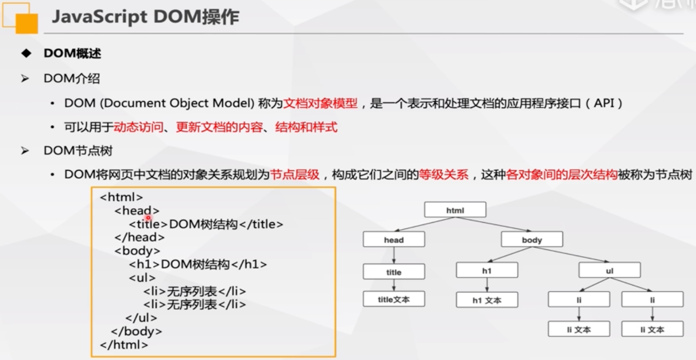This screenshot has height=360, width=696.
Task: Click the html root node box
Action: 455,210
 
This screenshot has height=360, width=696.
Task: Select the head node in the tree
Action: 394,239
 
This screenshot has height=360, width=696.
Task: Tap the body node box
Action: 532,239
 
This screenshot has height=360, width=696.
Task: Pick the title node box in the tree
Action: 394,272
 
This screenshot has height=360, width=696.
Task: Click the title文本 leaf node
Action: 394,299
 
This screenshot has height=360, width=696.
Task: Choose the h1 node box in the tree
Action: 487,270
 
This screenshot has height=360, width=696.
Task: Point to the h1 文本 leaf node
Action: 487,300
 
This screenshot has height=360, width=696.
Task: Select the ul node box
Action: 609,270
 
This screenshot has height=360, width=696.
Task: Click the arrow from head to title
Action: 394,255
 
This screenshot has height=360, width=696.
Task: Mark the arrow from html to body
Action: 493,224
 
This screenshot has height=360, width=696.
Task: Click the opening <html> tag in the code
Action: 121,197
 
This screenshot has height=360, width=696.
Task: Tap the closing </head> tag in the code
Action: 139,237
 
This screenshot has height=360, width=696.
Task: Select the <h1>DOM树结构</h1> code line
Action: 198,264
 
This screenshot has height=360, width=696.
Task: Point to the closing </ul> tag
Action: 141,318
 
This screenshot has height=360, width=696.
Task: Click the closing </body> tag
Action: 136,331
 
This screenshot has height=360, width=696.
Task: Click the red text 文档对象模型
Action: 321,103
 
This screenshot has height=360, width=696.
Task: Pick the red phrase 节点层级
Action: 295,175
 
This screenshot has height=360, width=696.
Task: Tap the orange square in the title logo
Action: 27,23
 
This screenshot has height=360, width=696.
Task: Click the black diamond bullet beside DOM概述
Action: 26,53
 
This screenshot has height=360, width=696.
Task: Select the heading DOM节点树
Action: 78,151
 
